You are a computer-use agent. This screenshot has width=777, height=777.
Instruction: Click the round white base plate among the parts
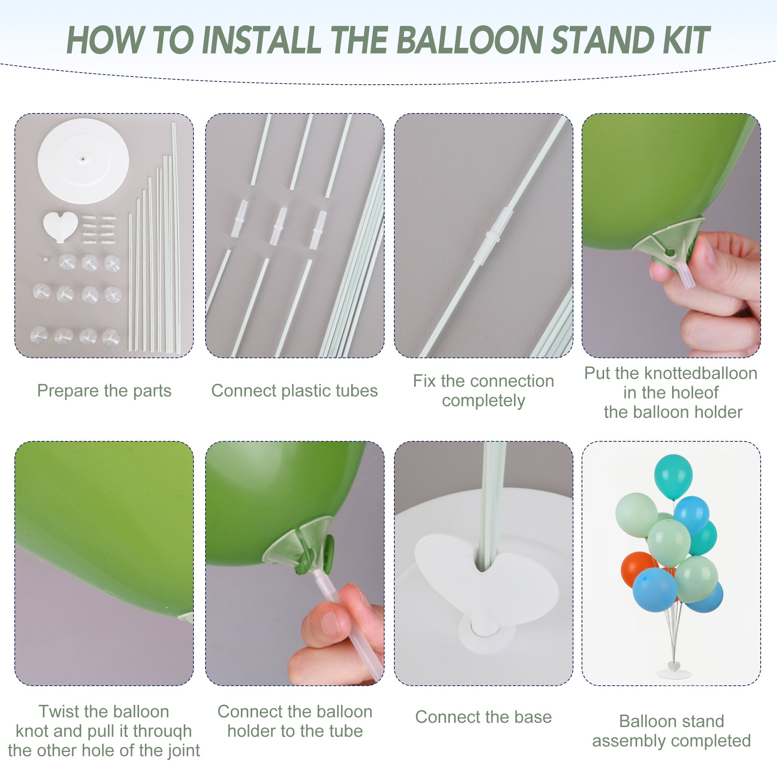83,161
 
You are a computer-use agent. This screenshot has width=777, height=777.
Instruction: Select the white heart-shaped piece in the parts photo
60,226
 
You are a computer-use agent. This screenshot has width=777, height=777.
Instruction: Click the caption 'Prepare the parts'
104,391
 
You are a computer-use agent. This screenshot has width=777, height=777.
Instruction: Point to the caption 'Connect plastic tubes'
294,391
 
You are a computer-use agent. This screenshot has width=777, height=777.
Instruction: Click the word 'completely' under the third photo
483,401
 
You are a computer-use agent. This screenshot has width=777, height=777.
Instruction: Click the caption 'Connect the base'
483,717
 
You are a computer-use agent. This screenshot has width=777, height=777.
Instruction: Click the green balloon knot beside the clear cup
329,547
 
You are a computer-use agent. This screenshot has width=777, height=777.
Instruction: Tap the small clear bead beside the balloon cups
45,260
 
